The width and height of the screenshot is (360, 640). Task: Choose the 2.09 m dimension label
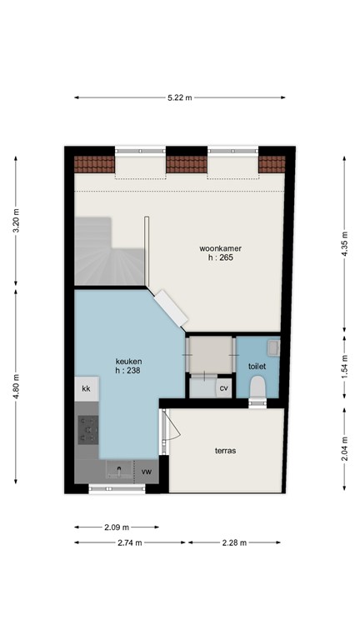(117, 527)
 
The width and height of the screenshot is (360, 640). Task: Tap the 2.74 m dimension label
(130, 542)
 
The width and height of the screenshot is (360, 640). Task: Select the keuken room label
(128, 362)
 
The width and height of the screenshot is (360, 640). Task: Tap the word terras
(224, 451)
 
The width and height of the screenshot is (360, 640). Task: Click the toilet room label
(258, 367)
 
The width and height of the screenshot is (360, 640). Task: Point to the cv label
(223, 388)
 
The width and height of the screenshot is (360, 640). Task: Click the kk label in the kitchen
(86, 388)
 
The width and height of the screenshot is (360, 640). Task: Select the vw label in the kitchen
(147, 472)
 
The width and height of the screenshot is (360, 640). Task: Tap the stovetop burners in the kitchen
(87, 429)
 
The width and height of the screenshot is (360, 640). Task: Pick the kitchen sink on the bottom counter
(118, 472)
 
